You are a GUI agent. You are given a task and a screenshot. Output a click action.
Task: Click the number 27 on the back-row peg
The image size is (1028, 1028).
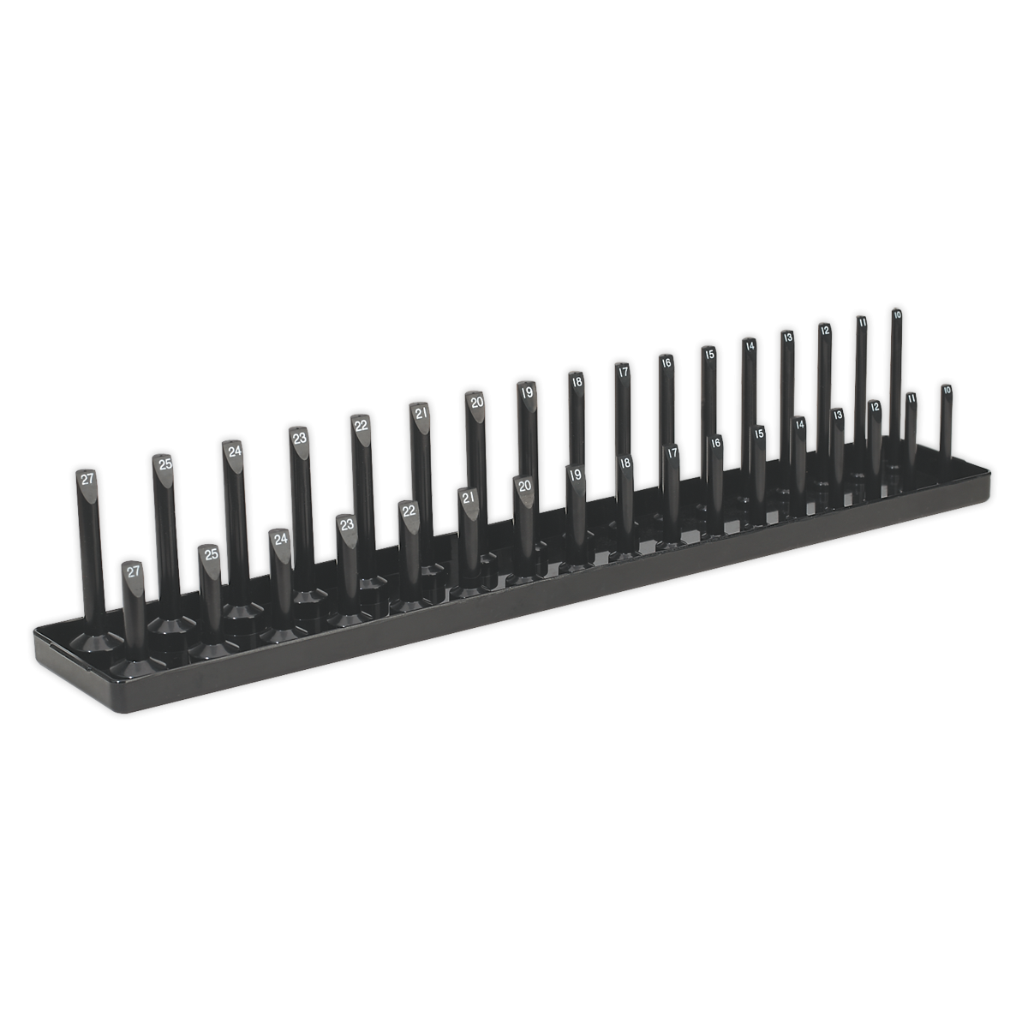click(x=87, y=480)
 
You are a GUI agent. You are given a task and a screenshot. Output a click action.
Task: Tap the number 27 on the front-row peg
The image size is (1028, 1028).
click(x=133, y=571)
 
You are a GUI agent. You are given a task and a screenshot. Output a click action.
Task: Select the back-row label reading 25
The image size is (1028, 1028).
click(x=163, y=463)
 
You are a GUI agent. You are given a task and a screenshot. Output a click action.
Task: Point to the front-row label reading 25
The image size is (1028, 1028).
click(x=211, y=554)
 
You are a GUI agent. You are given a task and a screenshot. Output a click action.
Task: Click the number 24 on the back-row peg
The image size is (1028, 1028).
click(x=232, y=451)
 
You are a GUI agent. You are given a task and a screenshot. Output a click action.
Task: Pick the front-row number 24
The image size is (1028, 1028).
click(x=279, y=540)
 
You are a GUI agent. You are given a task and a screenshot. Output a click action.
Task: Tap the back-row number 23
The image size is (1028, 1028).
click(x=299, y=438)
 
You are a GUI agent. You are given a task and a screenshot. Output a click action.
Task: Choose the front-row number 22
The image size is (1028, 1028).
click(x=409, y=511)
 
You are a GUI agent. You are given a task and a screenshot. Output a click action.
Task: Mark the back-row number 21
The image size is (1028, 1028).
click(x=421, y=413)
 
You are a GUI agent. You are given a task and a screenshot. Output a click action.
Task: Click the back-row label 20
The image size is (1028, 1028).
click(x=476, y=401)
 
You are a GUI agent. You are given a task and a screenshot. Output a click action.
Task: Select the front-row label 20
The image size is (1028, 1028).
click(x=525, y=486)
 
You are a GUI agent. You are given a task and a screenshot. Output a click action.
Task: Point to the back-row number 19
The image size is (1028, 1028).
click(x=527, y=391)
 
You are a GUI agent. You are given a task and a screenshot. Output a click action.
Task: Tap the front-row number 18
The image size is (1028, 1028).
click(x=625, y=463)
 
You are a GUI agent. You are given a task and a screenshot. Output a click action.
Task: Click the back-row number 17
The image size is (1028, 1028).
click(x=623, y=372)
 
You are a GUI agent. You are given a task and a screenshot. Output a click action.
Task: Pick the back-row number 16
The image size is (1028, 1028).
click(x=666, y=362)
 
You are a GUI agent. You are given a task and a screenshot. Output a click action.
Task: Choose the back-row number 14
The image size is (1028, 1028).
click(x=749, y=346)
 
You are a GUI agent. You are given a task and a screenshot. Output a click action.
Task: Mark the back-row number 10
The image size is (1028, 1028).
click(x=897, y=315)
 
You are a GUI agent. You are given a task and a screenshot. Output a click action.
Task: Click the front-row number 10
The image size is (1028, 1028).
click(x=946, y=390)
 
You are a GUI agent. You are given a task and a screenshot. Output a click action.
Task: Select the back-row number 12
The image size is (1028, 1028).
click(x=824, y=330)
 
